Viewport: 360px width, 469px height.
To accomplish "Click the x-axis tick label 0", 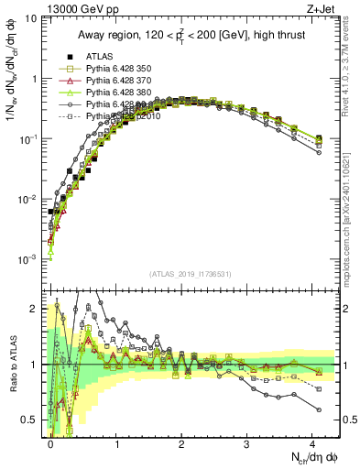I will (x=51, y=443).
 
